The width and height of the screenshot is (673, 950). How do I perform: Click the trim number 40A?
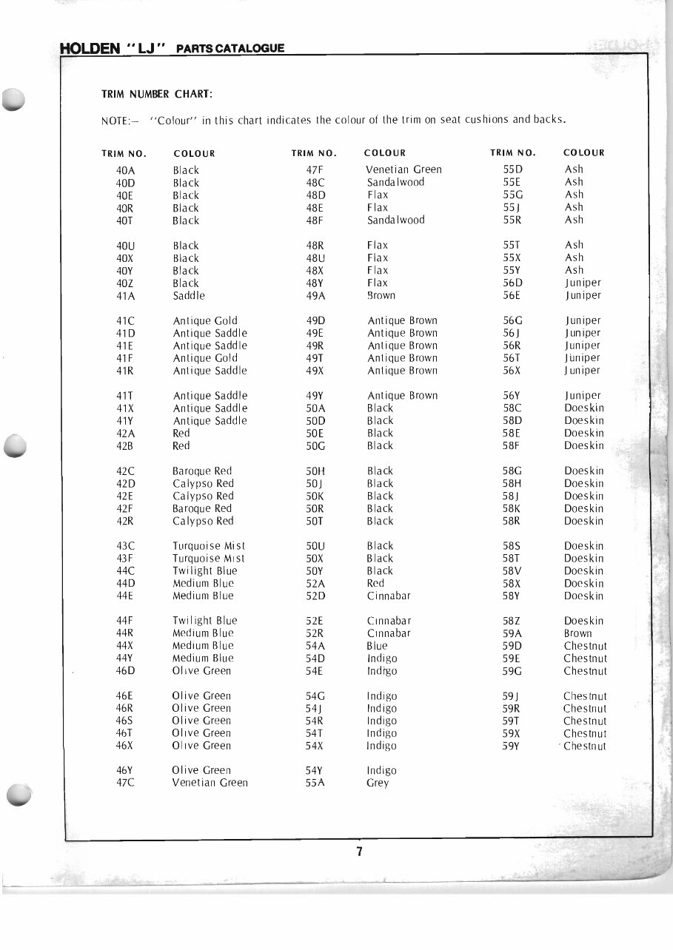coord(125,170)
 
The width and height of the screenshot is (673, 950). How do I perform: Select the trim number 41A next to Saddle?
coord(125,296)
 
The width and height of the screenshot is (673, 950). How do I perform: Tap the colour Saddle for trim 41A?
coord(189,296)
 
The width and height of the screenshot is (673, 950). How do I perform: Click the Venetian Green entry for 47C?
coord(210,783)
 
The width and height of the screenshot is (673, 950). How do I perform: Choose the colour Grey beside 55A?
coord(378,783)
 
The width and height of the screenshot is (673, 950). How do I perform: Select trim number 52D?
coord(315,596)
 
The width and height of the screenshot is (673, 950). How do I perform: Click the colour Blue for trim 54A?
coord(377,646)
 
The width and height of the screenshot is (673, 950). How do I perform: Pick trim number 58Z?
coord(512,621)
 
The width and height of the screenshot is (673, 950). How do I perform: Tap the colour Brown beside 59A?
coord(577,633)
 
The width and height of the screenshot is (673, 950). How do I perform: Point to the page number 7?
coord(359,852)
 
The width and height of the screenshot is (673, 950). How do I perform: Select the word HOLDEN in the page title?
coord(89,49)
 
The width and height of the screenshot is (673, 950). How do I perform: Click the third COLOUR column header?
coord(583,153)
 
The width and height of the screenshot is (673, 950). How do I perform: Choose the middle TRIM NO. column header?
coord(314,154)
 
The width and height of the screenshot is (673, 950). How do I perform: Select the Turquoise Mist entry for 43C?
coord(209,546)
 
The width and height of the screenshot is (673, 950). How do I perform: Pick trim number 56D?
coord(513,283)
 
